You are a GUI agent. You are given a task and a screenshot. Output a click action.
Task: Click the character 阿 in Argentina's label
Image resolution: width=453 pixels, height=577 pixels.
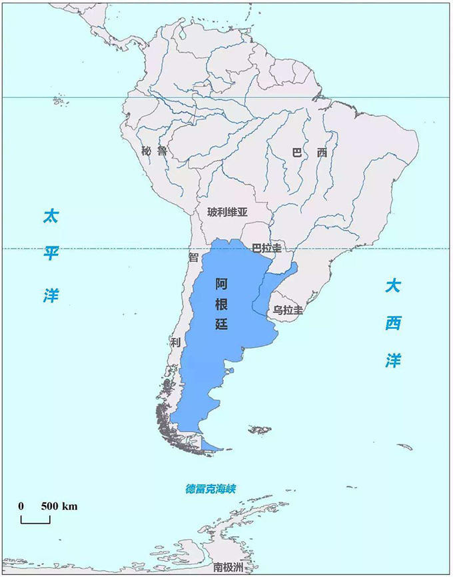click(222, 283)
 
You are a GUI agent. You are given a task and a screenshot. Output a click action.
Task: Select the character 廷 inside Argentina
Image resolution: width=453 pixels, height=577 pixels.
click(222, 326)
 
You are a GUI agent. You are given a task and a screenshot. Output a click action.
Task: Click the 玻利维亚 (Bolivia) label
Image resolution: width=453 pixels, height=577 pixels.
click(227, 213)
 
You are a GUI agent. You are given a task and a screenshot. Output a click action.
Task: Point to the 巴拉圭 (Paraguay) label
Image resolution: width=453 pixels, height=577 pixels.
click(266, 248)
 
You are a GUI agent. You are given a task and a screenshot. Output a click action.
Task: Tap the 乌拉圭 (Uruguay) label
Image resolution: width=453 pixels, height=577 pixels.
click(288, 310)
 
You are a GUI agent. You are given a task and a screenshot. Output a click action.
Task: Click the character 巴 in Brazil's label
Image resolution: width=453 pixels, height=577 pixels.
click(297, 153)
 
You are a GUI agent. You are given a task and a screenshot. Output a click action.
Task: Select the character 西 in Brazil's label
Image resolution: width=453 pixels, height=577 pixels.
click(322, 153)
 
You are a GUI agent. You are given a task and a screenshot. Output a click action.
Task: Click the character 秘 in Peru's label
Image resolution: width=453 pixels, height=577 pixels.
click(147, 151)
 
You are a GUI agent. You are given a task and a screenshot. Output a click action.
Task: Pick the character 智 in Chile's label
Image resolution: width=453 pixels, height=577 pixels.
click(194, 257)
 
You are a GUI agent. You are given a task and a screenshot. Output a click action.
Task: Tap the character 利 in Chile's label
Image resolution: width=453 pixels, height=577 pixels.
click(175, 342)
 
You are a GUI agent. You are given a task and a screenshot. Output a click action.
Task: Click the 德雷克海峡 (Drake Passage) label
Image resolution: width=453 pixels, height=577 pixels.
click(211, 489)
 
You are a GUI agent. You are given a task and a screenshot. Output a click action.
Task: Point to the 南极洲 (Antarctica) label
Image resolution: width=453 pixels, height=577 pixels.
click(228, 568)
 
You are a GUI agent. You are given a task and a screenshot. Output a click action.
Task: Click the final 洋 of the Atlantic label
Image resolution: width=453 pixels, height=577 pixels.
click(393, 360)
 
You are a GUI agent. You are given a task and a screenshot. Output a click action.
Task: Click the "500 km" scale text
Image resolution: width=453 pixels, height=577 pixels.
click(59, 506)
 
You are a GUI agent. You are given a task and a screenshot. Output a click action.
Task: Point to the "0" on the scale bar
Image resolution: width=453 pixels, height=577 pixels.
click(21, 506)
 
